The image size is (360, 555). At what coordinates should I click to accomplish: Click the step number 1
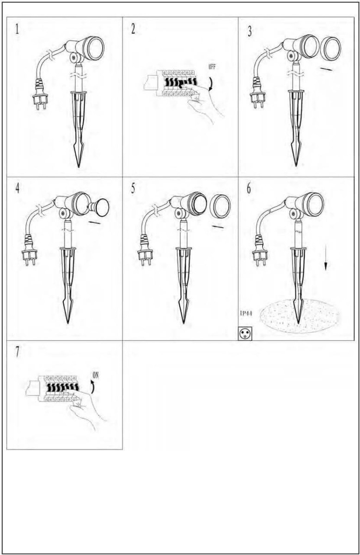click(x=17, y=30)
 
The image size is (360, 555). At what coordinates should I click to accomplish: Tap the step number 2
click(x=133, y=30)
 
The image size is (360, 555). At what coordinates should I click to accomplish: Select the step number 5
click(x=133, y=189)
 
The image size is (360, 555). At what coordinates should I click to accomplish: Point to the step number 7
click(x=17, y=352)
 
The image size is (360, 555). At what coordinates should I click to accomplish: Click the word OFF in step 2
click(x=212, y=67)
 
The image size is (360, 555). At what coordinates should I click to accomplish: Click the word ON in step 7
click(x=96, y=375)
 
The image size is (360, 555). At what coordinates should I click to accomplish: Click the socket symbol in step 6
click(x=245, y=333)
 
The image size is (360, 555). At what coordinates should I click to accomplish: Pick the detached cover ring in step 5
click(x=220, y=206)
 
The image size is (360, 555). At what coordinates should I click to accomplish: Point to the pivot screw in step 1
click(x=73, y=57)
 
